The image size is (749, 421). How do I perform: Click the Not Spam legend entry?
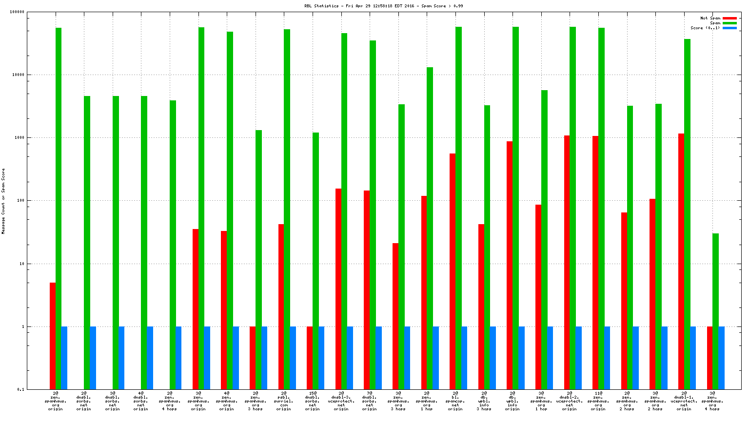(x=710, y=18)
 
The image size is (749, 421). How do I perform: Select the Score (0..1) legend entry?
(x=705, y=28)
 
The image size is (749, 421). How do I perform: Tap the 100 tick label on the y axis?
(x=20, y=201)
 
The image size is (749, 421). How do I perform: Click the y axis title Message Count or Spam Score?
(x=3, y=201)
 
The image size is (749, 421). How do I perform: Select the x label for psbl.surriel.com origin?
(x=283, y=401)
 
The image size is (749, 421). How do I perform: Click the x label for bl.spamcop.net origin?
(x=455, y=401)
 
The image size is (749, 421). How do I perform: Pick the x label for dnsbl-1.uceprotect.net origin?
(x=684, y=401)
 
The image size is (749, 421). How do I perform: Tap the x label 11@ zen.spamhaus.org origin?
(x=598, y=401)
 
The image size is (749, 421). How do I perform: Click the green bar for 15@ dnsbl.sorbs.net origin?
(x=315, y=261)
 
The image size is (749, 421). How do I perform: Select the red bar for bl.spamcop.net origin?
(x=453, y=271)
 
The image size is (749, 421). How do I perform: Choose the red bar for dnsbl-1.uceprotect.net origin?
(x=681, y=261)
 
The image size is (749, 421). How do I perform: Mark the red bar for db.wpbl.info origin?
(x=510, y=265)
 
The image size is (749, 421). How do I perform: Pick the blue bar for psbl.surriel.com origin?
(x=293, y=358)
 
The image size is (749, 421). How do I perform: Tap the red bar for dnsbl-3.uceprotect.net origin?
(x=338, y=288)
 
